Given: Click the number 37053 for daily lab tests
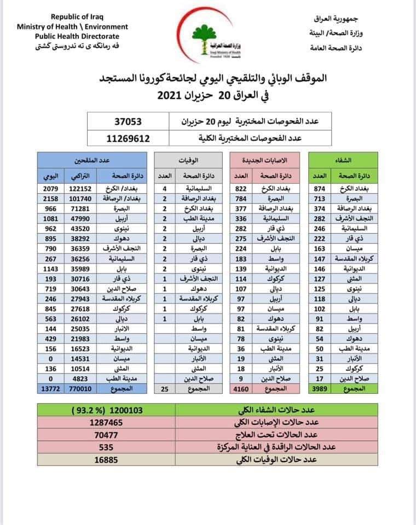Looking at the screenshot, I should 129,121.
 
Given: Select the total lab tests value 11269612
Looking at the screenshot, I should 129,139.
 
